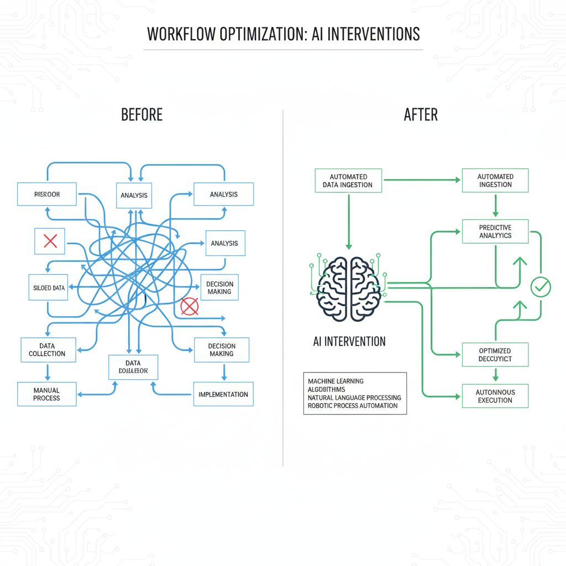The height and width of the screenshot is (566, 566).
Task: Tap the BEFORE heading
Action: [x=141, y=115]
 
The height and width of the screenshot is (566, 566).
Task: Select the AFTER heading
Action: [x=421, y=115]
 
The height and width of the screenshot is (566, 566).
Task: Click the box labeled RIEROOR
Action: [x=46, y=195]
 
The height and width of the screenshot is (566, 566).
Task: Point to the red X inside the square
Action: [x=50, y=241]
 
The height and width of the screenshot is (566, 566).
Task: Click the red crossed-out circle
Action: [x=190, y=306]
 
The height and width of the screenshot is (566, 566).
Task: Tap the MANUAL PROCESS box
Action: [x=46, y=394]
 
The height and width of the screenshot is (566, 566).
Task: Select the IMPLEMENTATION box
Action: [x=223, y=394]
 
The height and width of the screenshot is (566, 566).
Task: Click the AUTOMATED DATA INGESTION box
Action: [x=348, y=181]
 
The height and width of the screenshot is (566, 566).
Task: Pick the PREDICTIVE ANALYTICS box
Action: [x=495, y=232]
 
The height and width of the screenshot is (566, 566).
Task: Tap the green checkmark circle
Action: [x=540, y=286]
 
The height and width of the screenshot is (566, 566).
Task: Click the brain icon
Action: [x=348, y=288]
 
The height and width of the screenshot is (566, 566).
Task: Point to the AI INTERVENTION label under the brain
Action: [x=349, y=341]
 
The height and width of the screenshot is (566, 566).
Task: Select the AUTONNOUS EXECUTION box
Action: [x=495, y=396]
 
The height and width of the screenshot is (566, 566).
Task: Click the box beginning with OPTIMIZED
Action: [x=495, y=355]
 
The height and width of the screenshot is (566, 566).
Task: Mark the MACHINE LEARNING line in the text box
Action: [x=336, y=381]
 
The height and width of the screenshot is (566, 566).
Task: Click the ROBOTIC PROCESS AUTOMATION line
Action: [x=353, y=406]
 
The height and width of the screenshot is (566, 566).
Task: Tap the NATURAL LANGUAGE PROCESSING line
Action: [x=354, y=397]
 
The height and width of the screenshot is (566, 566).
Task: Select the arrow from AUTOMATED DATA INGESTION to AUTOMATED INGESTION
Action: [x=421, y=180]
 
